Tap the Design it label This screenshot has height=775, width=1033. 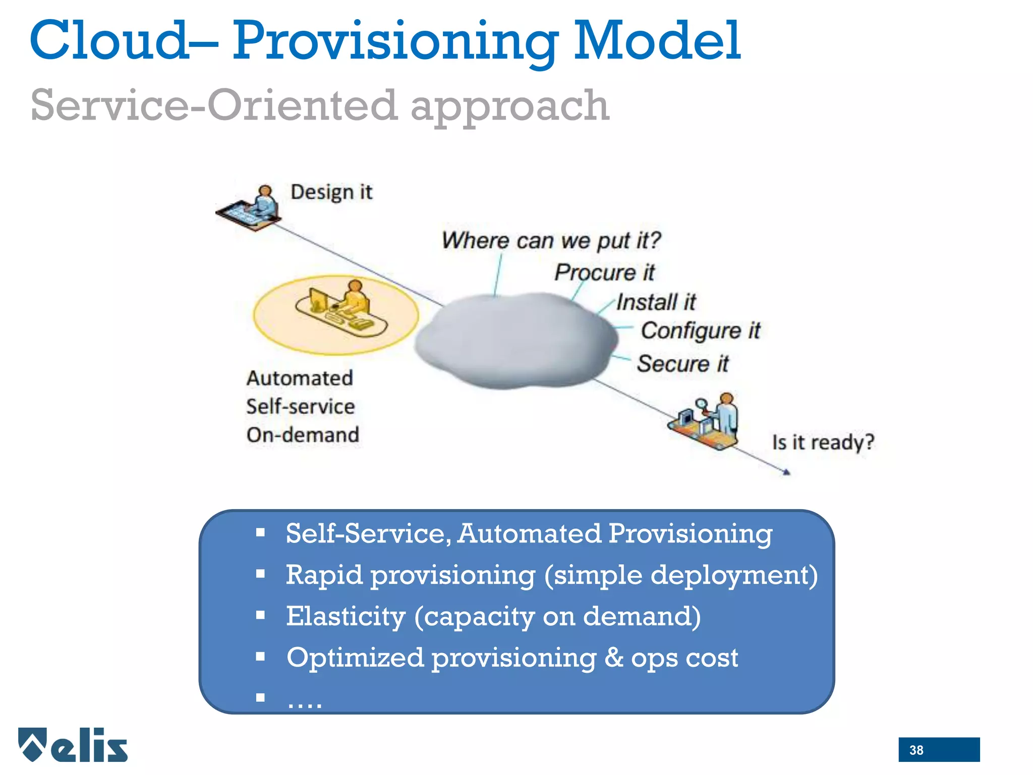[331, 192]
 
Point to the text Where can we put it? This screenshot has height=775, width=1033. [551, 240]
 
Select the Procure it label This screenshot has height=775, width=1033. [604, 272]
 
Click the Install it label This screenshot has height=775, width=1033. [656, 302]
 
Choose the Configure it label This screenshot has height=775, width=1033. [700, 331]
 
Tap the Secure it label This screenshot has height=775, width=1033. [682, 364]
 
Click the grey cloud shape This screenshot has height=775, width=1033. [514, 341]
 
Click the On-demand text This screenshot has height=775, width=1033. [303, 435]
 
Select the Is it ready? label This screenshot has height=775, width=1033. [823, 442]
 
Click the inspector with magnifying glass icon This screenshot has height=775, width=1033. [706, 421]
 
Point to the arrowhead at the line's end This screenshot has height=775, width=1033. [786, 472]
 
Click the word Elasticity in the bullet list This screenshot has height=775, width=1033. [346, 616]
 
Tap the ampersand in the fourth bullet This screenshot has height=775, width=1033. [613, 657]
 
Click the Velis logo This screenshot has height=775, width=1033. [73, 745]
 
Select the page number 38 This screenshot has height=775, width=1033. [916, 750]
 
